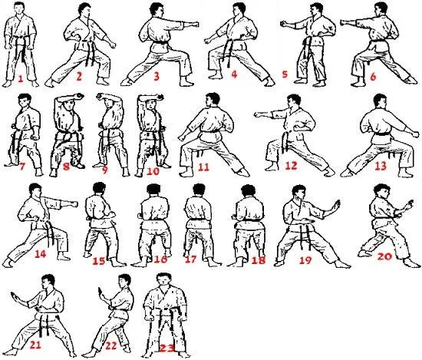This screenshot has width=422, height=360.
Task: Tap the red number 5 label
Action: tap(285, 75)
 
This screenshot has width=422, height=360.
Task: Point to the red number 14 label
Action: tap(41, 253)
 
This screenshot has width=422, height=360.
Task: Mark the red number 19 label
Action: tap(305, 260)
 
